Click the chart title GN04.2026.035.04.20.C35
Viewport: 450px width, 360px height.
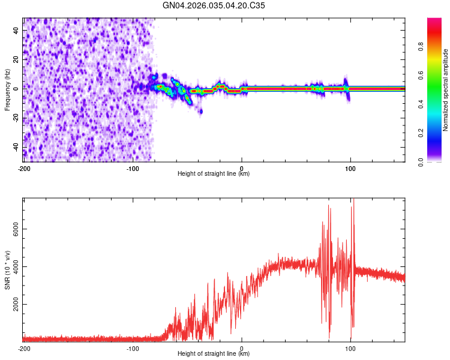[214, 5]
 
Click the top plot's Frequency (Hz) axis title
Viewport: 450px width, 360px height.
[7, 89]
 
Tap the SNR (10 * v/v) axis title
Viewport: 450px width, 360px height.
[7, 269]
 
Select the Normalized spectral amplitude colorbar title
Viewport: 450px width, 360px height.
[445, 90]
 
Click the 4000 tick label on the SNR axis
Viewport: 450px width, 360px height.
[14, 267]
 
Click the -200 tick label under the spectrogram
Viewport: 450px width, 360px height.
[24, 167]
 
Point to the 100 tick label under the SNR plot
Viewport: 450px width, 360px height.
[350, 347]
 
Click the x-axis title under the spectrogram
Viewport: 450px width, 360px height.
[214, 174]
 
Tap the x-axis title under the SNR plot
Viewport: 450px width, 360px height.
[214, 354]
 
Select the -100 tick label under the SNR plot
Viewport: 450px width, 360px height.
[133, 347]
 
